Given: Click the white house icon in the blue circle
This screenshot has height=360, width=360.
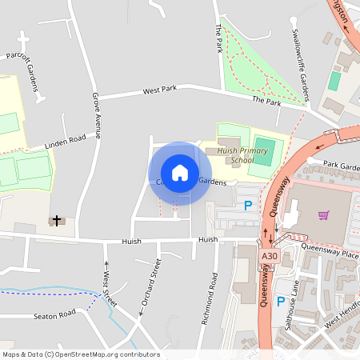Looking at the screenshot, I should point(180,173).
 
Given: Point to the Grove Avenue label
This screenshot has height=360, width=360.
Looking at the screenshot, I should point(96,116).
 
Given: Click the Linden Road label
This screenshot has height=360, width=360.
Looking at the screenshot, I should point(66,139).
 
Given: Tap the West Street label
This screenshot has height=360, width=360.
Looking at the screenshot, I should point(109,289).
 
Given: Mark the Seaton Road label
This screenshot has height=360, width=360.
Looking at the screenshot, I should point(54,315).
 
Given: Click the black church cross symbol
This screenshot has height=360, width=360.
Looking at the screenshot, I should point(57,218).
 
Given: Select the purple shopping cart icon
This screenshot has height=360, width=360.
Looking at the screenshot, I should point(324,214).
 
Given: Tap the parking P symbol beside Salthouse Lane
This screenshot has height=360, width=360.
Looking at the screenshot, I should point(280,302).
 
